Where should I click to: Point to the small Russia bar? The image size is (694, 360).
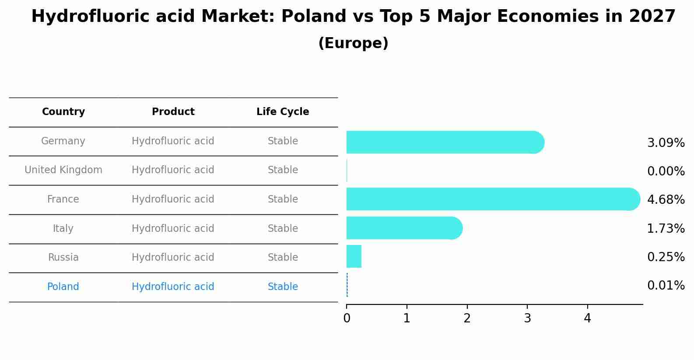point(354,256)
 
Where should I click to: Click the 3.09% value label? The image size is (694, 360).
point(666,143)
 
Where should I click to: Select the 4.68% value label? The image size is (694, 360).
point(666,200)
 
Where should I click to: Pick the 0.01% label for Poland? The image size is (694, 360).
point(666,286)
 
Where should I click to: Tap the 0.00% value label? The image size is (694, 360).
point(666,171)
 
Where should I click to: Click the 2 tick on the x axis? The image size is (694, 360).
point(467,318)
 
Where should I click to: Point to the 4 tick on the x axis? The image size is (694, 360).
point(587,318)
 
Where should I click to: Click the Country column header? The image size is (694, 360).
point(63,112)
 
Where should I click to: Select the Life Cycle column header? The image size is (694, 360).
point(283,112)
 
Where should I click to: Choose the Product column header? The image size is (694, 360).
point(173,112)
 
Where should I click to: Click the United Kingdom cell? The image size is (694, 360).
point(63,170)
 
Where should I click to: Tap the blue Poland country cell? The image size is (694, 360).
point(63,287)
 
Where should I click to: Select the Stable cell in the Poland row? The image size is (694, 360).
point(283,287)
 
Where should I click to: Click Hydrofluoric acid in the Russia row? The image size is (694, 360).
point(173,258)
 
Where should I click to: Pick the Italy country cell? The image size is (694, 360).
point(63,229)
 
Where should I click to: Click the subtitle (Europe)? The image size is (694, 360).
point(353,43)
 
